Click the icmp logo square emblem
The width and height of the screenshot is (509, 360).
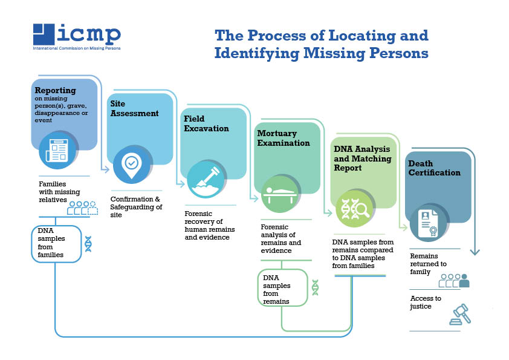click(45, 34)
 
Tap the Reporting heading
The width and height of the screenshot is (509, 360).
click(55, 91)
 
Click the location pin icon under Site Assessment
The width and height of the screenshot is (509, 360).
click(132, 164)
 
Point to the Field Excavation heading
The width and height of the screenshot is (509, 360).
click(206, 123)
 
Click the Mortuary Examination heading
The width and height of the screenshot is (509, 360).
click(283, 138)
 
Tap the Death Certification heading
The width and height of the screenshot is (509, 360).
click(433, 168)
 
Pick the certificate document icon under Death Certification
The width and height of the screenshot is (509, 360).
click(429, 222)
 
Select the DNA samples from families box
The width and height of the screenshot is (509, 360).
click(56, 243)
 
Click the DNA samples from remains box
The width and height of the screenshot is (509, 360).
click(282, 287)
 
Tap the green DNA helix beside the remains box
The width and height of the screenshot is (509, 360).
click(315, 287)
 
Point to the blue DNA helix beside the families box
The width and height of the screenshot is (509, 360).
click(88, 243)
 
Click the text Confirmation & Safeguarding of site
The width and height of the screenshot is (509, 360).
click(136, 206)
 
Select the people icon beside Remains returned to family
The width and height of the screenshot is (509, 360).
click(454, 280)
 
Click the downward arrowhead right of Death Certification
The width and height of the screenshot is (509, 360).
click(475, 251)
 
